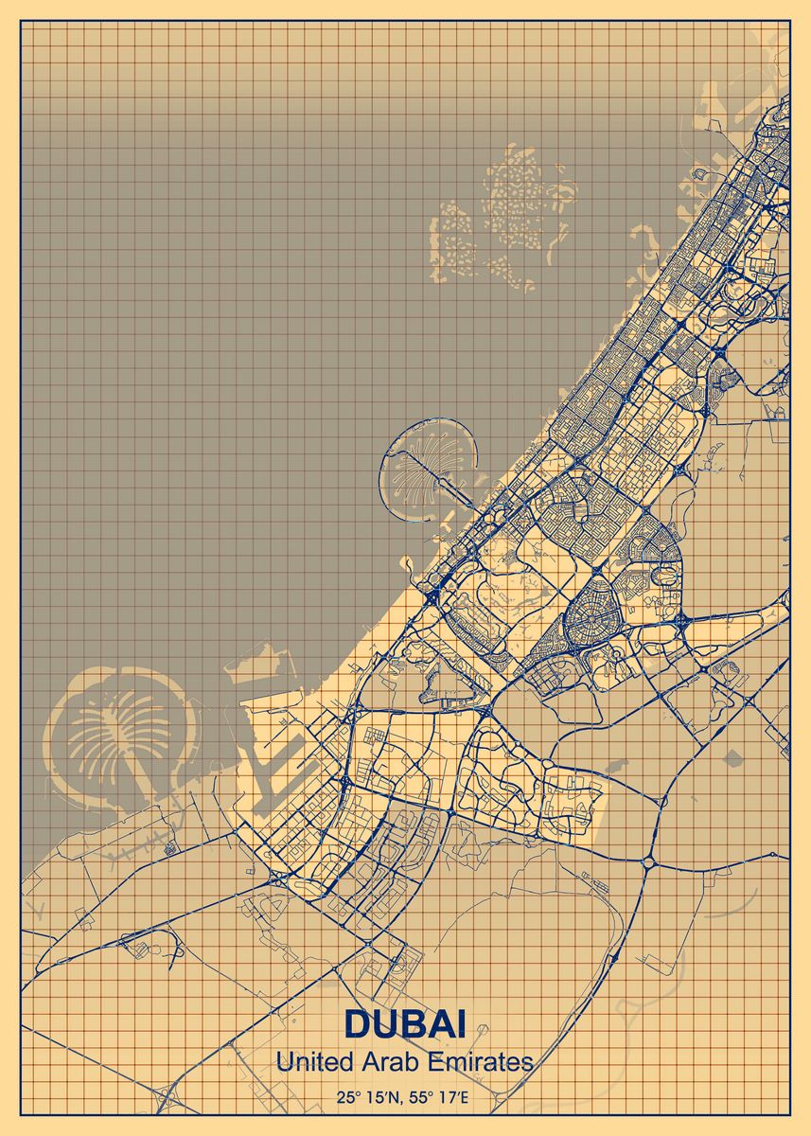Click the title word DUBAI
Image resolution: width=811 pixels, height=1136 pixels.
(404, 1025)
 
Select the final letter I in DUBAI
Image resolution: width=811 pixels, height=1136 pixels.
(461, 1025)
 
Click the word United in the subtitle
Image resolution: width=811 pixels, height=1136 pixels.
(305, 1062)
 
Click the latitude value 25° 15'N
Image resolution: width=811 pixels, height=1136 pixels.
(368, 1099)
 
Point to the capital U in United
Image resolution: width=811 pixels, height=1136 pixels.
(283, 1062)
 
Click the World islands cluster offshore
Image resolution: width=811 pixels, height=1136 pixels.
(506, 218)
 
